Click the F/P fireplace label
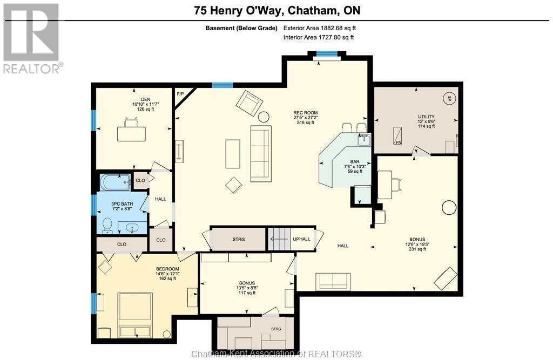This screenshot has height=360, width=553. click(180, 94)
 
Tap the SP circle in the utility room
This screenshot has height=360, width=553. click(449, 98)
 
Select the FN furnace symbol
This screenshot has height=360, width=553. click(397, 136)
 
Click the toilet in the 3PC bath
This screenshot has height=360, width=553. click(107, 225)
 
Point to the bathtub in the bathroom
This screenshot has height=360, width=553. click(116, 182)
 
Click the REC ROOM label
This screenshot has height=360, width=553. click(306, 113)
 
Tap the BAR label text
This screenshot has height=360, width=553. click(355, 162)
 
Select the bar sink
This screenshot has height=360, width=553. click(363, 140)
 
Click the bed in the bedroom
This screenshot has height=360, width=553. click(136, 315)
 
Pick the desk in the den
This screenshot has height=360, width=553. click(131, 134)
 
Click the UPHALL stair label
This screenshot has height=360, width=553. click(301, 239)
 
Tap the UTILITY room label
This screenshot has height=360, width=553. click(427, 117)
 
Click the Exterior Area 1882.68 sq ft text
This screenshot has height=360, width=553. click(320, 28)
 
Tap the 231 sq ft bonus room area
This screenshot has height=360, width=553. click(417, 249)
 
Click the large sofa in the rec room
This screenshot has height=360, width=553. click(261, 154)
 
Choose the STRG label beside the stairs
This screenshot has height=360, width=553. click(239, 240)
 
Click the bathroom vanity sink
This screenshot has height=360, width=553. click(132, 228)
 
